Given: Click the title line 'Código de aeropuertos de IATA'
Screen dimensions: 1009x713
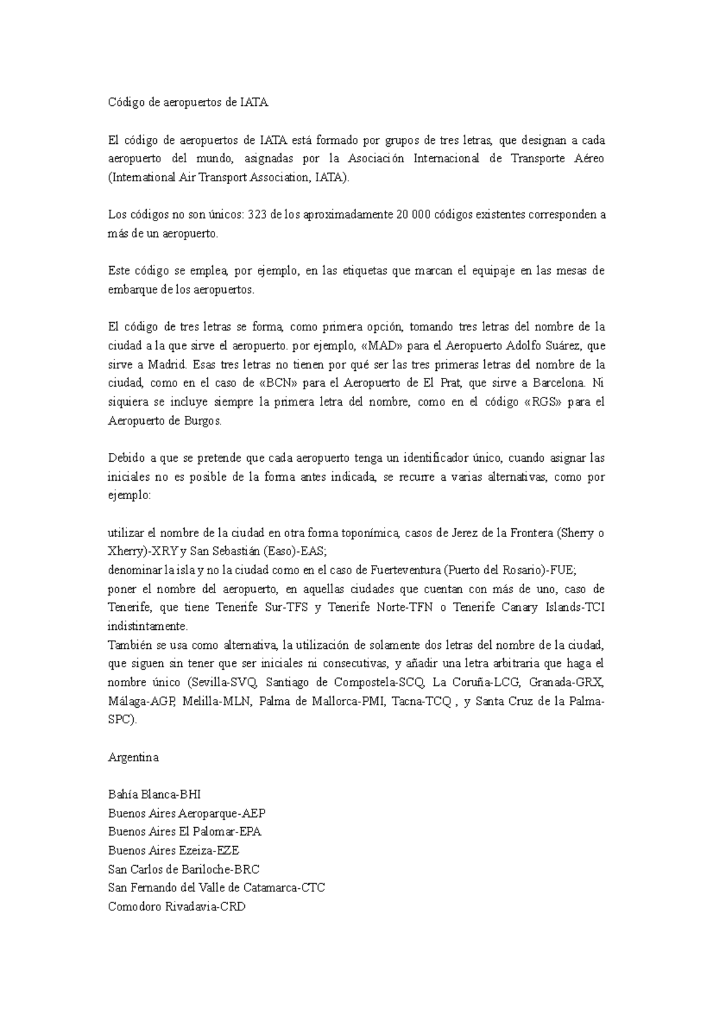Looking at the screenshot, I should pos(188,103).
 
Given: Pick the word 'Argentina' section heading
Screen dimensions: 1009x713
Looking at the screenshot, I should pos(133,758).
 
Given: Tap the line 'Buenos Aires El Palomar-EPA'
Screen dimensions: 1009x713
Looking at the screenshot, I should pos(185,832).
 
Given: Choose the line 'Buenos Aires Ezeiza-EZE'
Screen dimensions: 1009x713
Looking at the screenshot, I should pos(173,851).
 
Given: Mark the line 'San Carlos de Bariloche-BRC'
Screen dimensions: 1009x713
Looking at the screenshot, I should pos(184,869).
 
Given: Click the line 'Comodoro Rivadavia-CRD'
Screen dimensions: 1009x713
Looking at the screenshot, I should pos(176,907).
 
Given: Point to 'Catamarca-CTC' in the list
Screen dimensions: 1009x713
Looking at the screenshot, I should pos(287,888).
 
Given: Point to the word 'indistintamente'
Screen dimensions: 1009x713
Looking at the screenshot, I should pos(147,626).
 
